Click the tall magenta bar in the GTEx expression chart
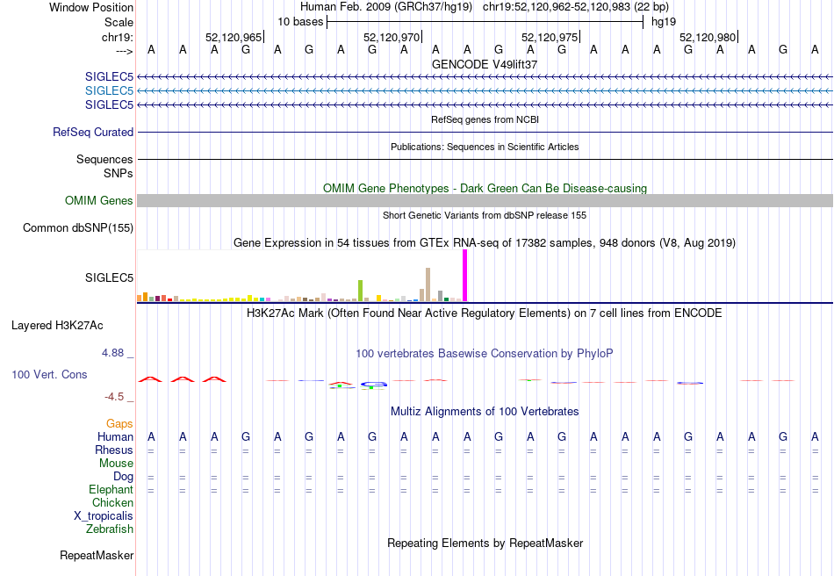[x=465, y=276]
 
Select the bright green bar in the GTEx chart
[x=360, y=291]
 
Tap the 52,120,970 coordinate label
[x=392, y=37]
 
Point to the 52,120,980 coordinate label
[x=708, y=37]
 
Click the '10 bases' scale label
[x=300, y=22]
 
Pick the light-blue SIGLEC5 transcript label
[x=109, y=91]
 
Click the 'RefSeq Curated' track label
[x=93, y=132]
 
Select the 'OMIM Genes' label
[x=99, y=200]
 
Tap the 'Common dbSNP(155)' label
[x=78, y=227]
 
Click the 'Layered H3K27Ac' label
[x=57, y=326]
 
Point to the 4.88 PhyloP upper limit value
[x=112, y=353]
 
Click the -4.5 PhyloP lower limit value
[x=114, y=397]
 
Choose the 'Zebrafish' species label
[x=110, y=529]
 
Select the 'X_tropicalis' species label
[x=104, y=516]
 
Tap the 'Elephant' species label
[x=111, y=489]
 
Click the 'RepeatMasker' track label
[x=97, y=555]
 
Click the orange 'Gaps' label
[x=119, y=423]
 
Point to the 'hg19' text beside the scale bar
[x=664, y=22]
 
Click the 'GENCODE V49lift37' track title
[x=485, y=64]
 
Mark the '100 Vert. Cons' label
[x=49, y=374]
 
